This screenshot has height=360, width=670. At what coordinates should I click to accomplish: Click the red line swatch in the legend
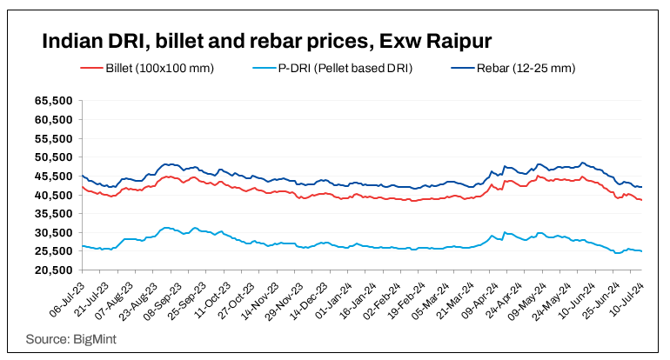[x=91, y=68]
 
